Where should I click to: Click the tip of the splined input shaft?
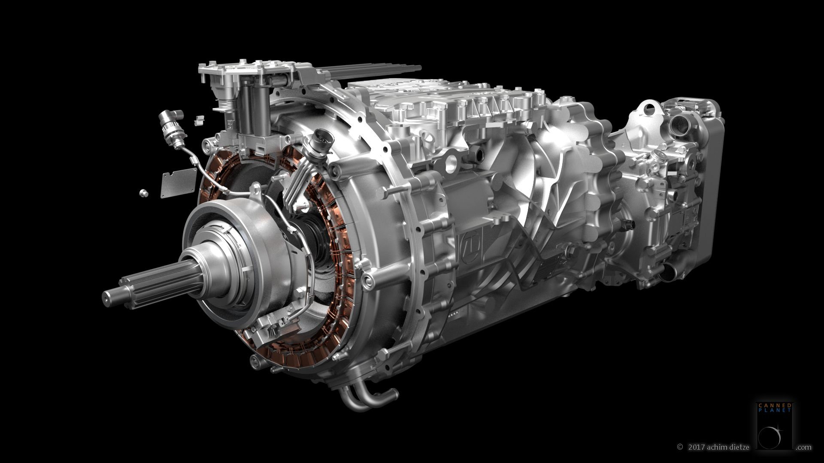point(105,296)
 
